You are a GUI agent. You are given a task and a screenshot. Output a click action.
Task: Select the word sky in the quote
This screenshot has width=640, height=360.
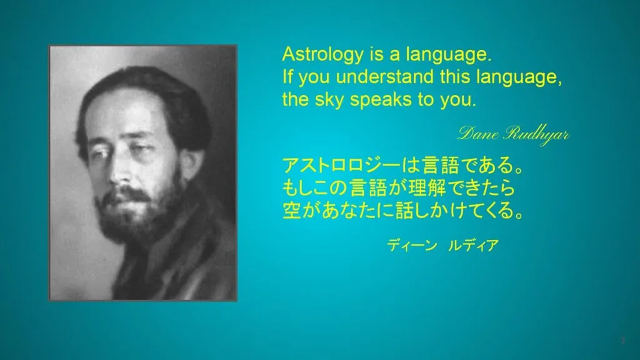tap(329, 99)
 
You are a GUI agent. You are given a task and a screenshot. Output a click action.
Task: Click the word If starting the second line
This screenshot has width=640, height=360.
tap(287, 77)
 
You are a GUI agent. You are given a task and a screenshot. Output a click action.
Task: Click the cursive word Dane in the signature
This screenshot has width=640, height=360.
tap(478, 134)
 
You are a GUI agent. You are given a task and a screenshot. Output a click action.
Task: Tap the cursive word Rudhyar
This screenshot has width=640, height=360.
tap(536, 134)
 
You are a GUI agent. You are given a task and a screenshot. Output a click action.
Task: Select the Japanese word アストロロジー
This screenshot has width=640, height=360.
tap(342, 165)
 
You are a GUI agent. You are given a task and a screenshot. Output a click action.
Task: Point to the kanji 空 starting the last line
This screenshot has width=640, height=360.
tap(292, 211)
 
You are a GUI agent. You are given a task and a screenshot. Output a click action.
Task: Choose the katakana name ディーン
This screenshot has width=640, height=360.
tap(412, 245)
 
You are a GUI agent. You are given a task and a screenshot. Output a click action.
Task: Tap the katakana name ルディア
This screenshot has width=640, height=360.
tap(473, 245)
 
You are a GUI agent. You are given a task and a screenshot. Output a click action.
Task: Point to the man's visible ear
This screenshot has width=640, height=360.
tap(189, 163)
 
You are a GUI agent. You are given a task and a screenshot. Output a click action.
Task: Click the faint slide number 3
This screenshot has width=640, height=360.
tap(622, 341)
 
